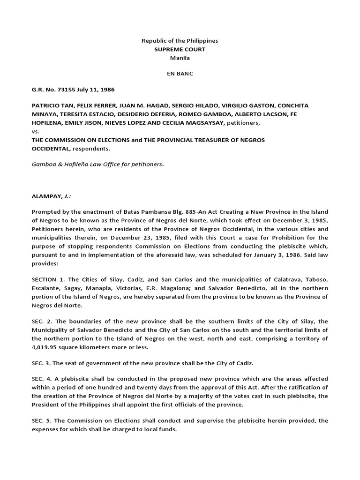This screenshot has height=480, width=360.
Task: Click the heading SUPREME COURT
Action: click(x=180, y=49)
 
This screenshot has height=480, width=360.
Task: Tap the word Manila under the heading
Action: click(x=180, y=58)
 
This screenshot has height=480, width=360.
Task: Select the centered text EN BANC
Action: click(x=180, y=74)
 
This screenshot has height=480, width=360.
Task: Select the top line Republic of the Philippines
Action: click(x=180, y=41)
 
